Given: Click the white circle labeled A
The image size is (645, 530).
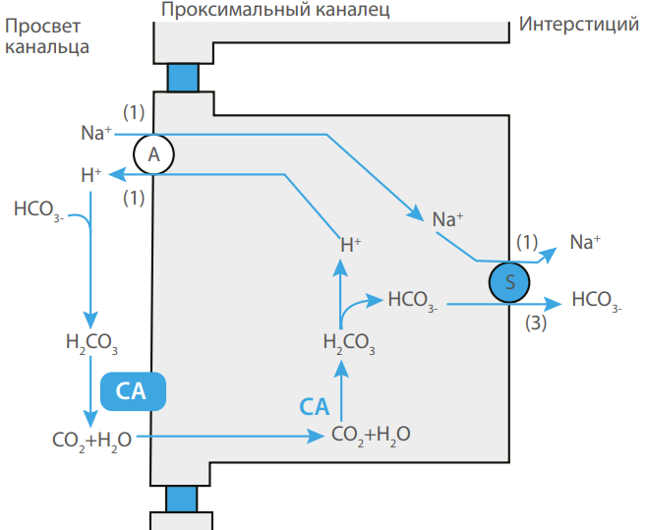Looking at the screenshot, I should (x=153, y=153).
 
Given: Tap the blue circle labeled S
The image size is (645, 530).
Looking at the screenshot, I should (x=509, y=281).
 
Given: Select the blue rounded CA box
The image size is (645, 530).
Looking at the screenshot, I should (x=131, y=391).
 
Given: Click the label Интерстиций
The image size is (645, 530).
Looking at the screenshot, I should (x=579, y=25).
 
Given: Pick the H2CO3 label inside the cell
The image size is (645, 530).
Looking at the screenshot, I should (x=350, y=344).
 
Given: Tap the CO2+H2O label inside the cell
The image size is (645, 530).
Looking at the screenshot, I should (x=371, y=434).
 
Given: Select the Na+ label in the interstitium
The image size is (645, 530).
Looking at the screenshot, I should (x=585, y=242).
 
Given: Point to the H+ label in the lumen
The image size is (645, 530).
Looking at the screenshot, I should (x=91, y=176).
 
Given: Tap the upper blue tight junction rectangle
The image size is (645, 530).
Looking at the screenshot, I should (x=184, y=77).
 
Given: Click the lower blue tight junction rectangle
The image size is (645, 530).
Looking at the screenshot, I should (x=182, y=498).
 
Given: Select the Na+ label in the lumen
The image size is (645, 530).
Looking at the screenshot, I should (x=95, y=133).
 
